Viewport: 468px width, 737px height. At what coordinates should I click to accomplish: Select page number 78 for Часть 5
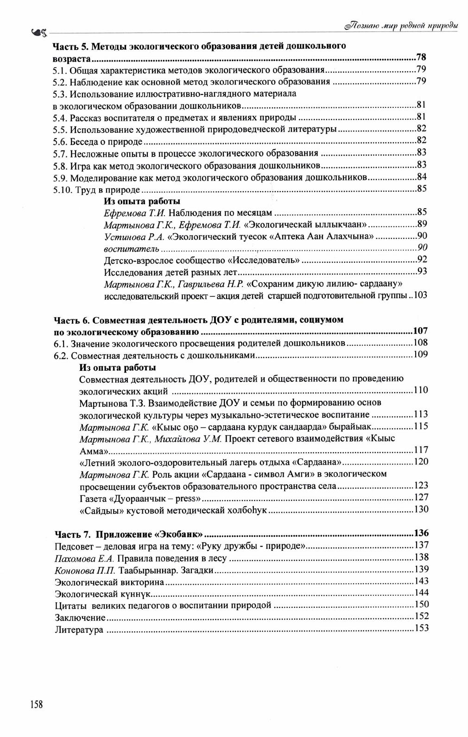[x=421, y=58]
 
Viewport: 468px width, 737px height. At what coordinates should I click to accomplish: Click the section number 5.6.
[x=60, y=142]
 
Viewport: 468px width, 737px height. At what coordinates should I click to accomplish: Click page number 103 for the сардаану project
[x=420, y=295]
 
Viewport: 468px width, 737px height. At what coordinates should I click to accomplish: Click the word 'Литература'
[x=79, y=630]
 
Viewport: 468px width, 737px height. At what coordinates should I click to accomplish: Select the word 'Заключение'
[x=80, y=618]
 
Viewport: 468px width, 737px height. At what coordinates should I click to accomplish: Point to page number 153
[x=422, y=628]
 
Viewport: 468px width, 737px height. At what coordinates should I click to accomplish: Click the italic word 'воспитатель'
[x=128, y=249]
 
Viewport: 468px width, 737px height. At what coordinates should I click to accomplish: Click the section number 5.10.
[x=62, y=190]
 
